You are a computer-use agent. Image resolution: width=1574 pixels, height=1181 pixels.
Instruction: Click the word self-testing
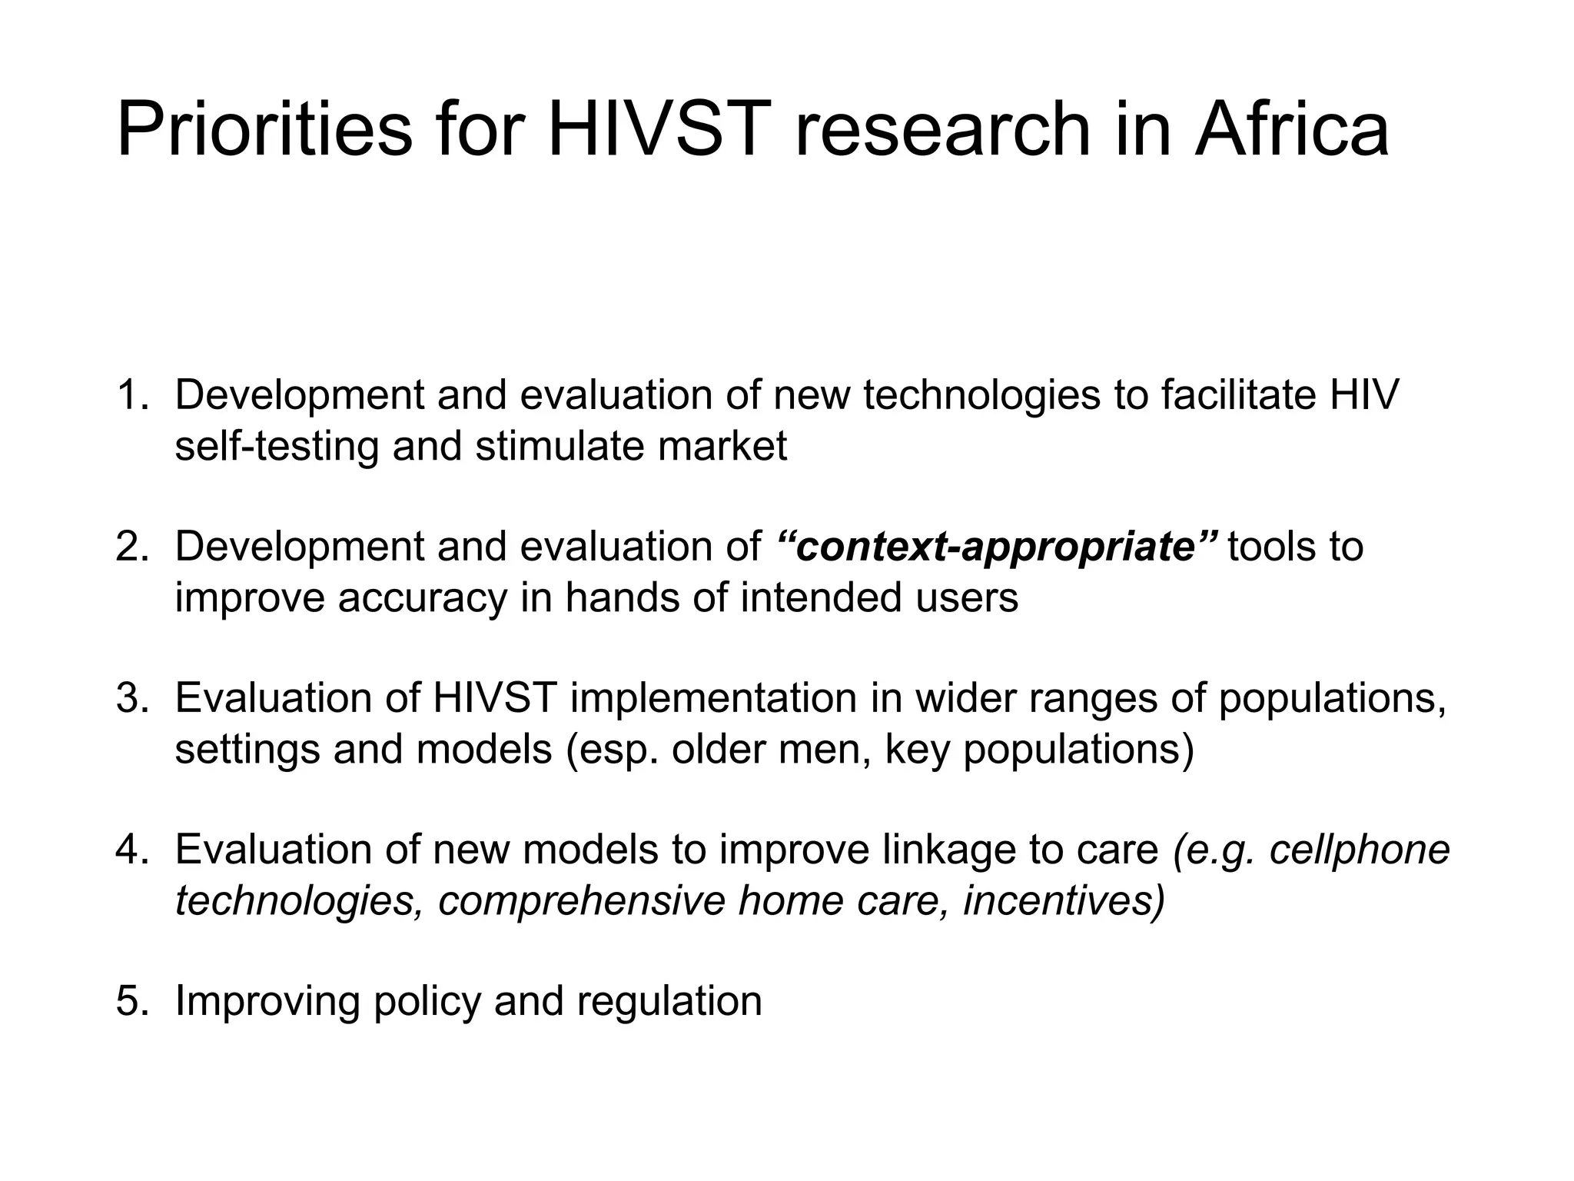click(277, 446)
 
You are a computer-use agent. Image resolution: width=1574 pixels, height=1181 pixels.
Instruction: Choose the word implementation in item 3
click(713, 698)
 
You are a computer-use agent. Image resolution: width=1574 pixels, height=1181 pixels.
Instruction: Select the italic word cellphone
click(1360, 850)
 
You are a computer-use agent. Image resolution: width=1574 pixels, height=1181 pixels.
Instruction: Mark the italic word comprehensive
click(581, 900)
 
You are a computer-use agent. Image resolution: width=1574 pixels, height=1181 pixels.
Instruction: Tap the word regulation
click(669, 1001)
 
